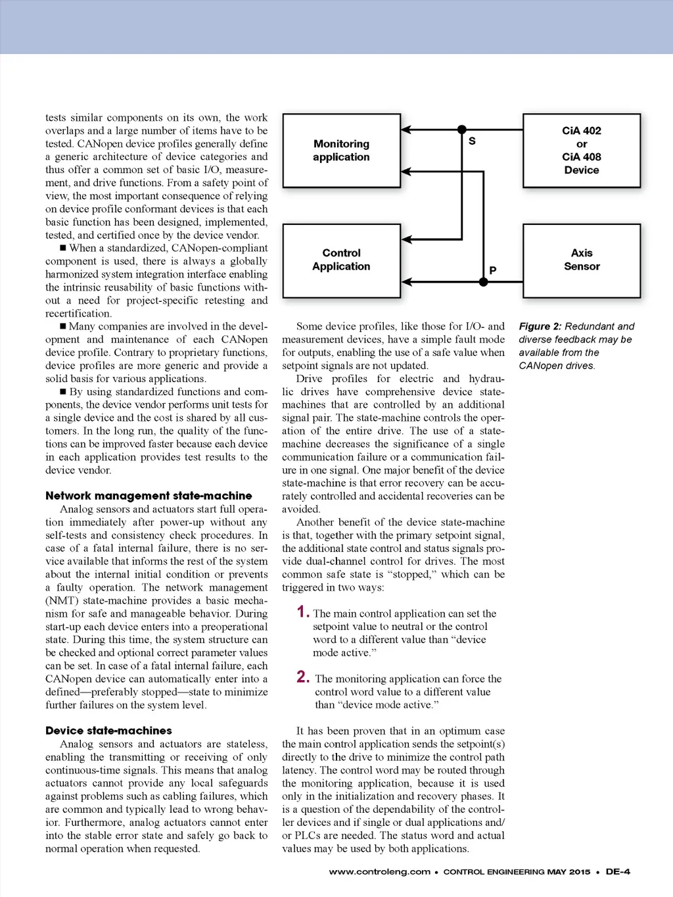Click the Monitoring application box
click(x=341, y=151)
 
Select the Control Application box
click(x=341, y=260)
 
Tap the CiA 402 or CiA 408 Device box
click(x=581, y=151)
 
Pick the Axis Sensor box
click(x=581, y=260)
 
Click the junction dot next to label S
click(x=462, y=130)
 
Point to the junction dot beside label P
click(x=483, y=282)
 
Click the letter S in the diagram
click(x=472, y=141)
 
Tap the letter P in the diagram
click(x=493, y=270)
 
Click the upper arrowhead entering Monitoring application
click(x=407, y=130)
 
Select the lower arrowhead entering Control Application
click(x=407, y=282)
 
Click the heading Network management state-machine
click(x=149, y=496)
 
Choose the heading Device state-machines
click(x=108, y=731)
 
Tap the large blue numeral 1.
click(x=302, y=612)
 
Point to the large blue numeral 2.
click(x=303, y=677)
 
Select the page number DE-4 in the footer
click(x=618, y=872)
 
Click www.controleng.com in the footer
click(x=379, y=872)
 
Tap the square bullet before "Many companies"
click(x=63, y=326)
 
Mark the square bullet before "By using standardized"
click(x=63, y=392)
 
